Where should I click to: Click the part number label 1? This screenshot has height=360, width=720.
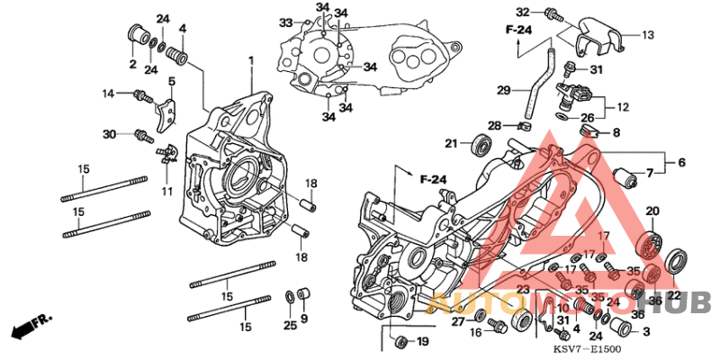pos(252,60)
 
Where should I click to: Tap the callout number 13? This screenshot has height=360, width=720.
pos(647,35)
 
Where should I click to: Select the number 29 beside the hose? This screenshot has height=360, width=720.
pos(504,89)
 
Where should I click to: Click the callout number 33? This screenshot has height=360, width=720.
pos(284,22)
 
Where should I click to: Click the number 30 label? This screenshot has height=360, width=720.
pos(110,134)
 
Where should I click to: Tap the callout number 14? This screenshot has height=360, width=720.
pos(109,93)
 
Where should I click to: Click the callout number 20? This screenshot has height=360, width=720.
pos(652,211)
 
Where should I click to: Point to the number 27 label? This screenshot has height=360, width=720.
pos(458,321)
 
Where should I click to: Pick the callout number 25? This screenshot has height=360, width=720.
pos(289,324)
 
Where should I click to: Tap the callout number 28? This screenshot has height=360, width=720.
pos(494,125)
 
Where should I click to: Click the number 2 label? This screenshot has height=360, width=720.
pos(132,64)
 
